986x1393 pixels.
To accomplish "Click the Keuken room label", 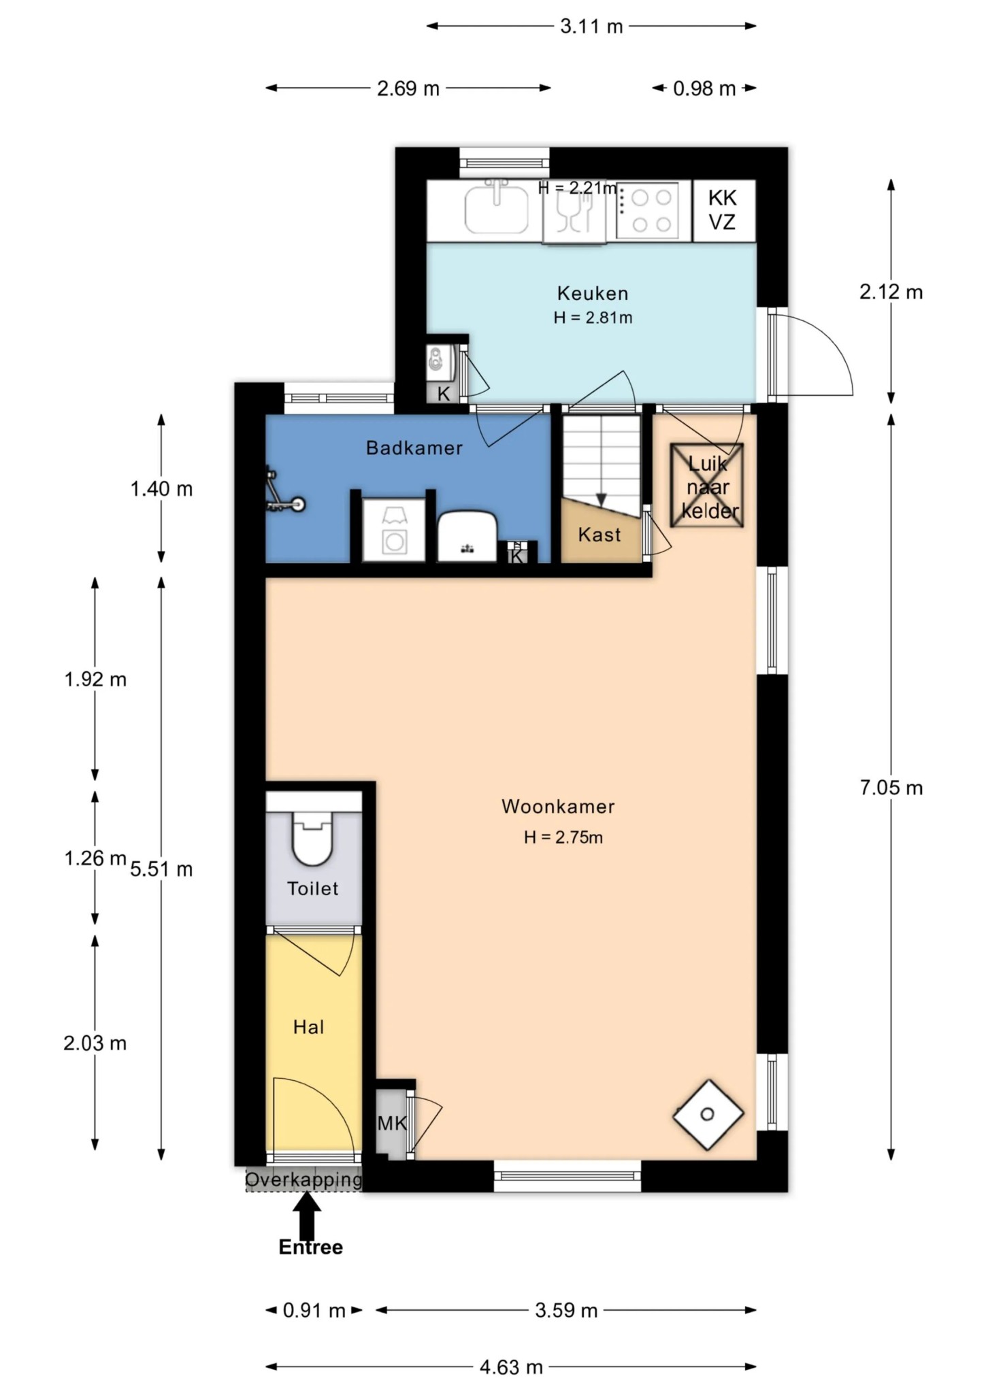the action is coord(593,293).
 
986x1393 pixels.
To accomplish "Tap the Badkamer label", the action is coord(414,448).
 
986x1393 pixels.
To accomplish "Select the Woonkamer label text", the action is coord(558,806).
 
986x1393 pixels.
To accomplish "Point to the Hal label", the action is coord(308,1027).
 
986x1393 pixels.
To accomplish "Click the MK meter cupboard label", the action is coord(392,1123).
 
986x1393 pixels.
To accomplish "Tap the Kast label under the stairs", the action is coord(599,535).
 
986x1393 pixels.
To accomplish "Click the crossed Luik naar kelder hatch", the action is coord(706,486).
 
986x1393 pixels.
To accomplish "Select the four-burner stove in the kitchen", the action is coord(647,210).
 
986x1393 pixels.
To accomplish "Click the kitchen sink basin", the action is coord(496,211).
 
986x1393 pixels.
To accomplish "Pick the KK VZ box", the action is coord(724,210).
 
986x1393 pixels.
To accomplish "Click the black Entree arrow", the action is coord(308,1215).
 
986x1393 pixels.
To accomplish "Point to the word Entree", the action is coord(311,1247).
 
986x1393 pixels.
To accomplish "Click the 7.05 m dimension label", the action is coord(891,788).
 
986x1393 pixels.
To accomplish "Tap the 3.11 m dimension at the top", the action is coord(591,27).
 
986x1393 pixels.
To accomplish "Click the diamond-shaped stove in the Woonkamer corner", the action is coord(708,1114).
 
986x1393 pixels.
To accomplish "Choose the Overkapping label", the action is coord(303,1179).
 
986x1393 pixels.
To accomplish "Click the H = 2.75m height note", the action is coord(563,837).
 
